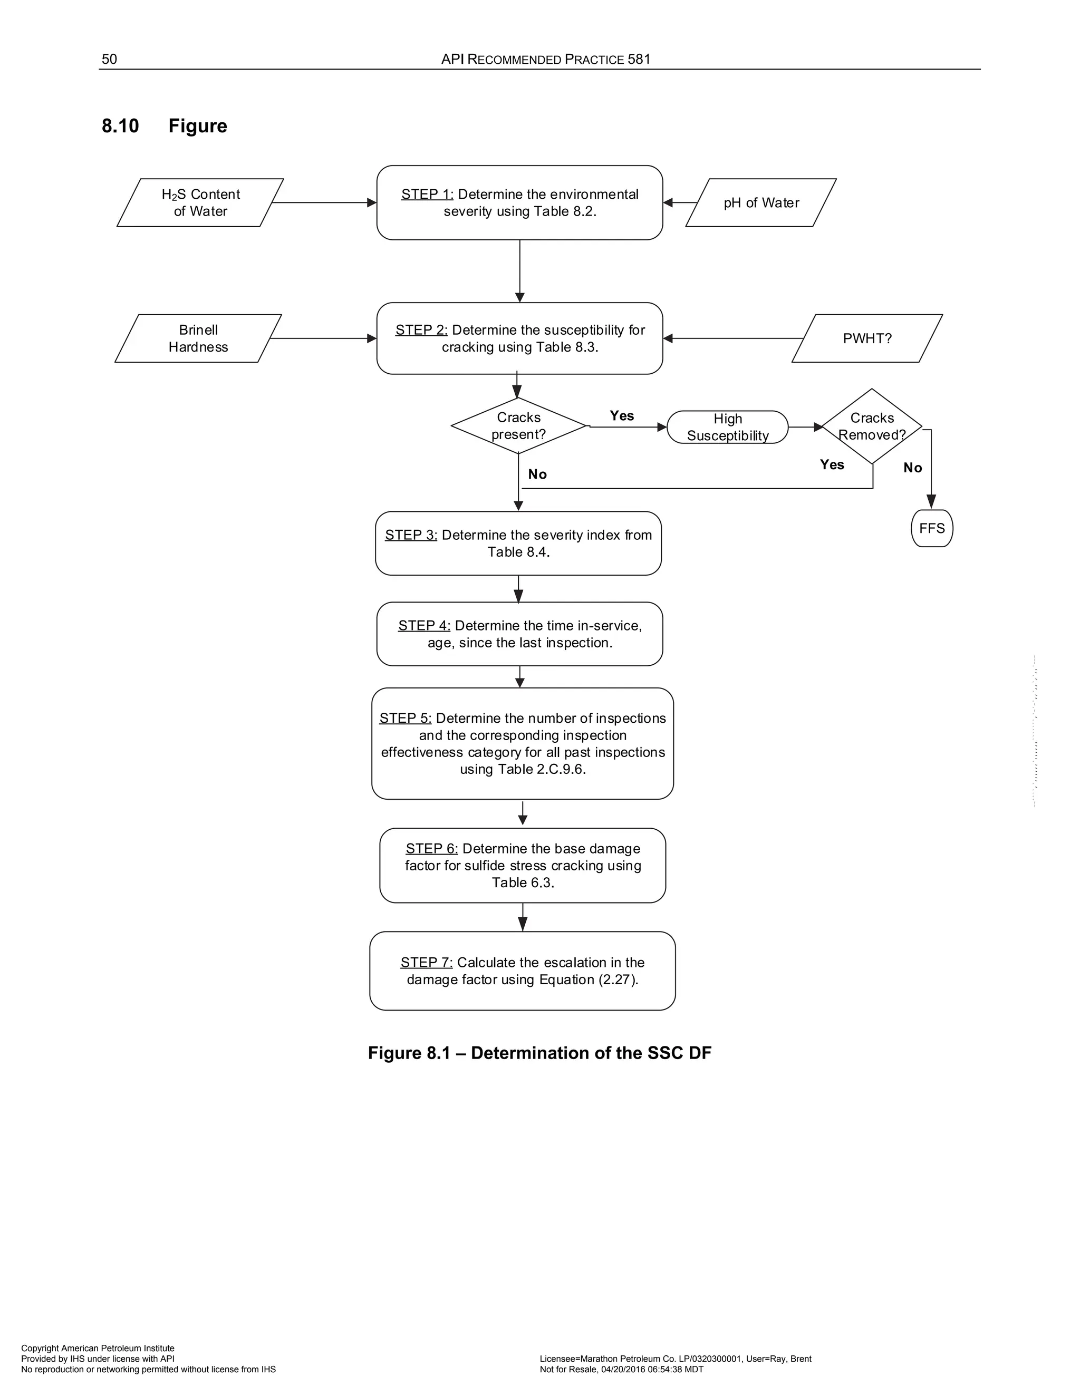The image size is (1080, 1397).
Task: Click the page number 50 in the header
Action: pos(109,60)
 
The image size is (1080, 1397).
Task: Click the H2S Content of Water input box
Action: pos(200,203)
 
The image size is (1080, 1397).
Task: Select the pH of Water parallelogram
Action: pos(761,203)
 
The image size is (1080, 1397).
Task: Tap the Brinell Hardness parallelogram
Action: pos(198,338)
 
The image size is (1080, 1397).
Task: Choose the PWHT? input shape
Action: pos(867,338)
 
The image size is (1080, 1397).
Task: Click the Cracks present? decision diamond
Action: pos(518,426)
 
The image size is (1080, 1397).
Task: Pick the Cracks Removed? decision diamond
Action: pos(871,426)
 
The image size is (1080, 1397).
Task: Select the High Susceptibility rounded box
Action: pos(727,428)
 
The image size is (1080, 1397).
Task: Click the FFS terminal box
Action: pos(932,528)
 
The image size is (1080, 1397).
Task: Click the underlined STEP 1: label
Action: pos(427,195)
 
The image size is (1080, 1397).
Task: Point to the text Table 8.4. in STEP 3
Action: pos(518,552)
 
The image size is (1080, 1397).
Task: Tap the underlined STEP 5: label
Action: pos(405,719)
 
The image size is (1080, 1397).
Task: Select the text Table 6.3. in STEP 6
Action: pos(523,882)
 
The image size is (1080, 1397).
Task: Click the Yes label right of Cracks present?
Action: pos(621,416)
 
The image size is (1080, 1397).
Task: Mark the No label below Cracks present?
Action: pos(537,474)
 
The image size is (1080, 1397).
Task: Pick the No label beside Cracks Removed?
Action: pos(912,468)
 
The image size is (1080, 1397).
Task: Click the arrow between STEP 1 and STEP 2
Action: pos(519,271)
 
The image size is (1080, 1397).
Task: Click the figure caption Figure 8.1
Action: pos(539,1053)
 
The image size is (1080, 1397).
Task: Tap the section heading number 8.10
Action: pos(120,126)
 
